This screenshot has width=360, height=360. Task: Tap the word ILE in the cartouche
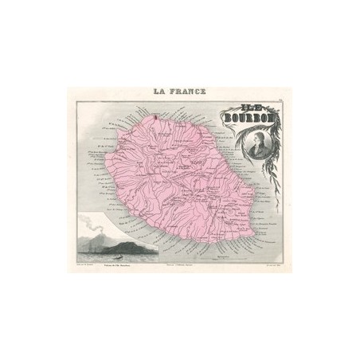(x=229, y=113)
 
